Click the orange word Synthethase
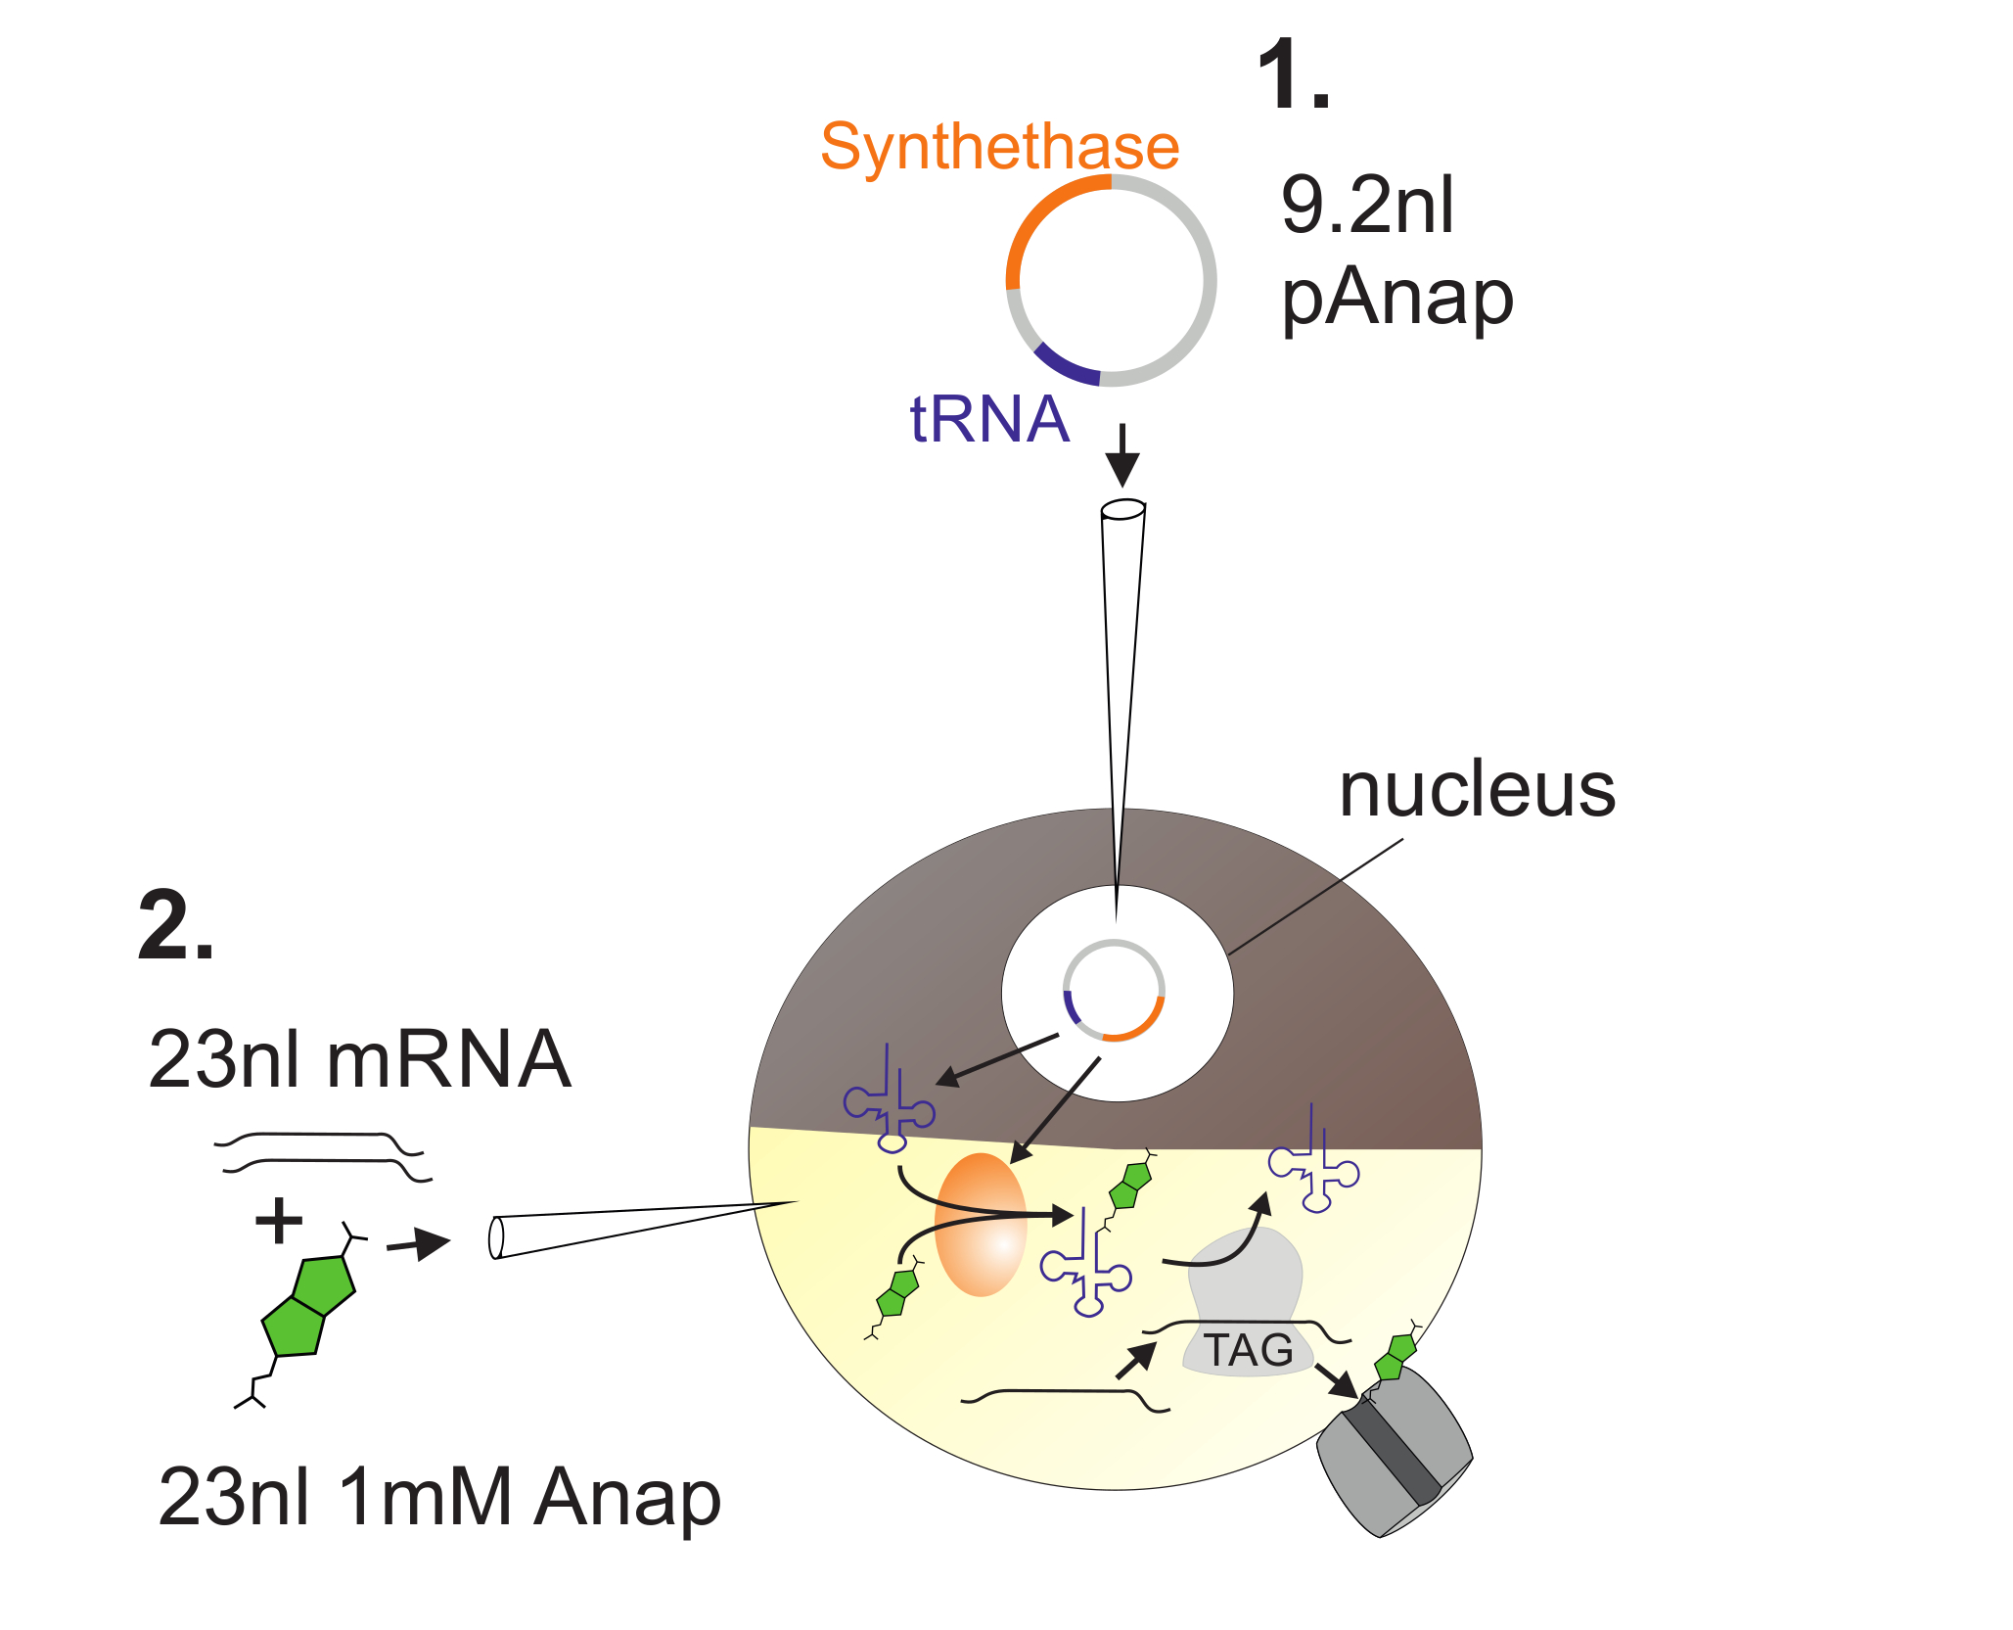point(999,147)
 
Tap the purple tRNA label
point(989,419)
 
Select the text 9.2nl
point(1367,206)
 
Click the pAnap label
point(1397,299)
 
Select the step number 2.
point(176,925)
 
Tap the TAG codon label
point(1248,1351)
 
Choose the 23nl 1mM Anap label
point(439,1498)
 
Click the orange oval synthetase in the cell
point(981,1225)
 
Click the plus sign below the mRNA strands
point(279,1221)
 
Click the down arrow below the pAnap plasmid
point(1122,455)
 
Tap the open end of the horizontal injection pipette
point(496,1237)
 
